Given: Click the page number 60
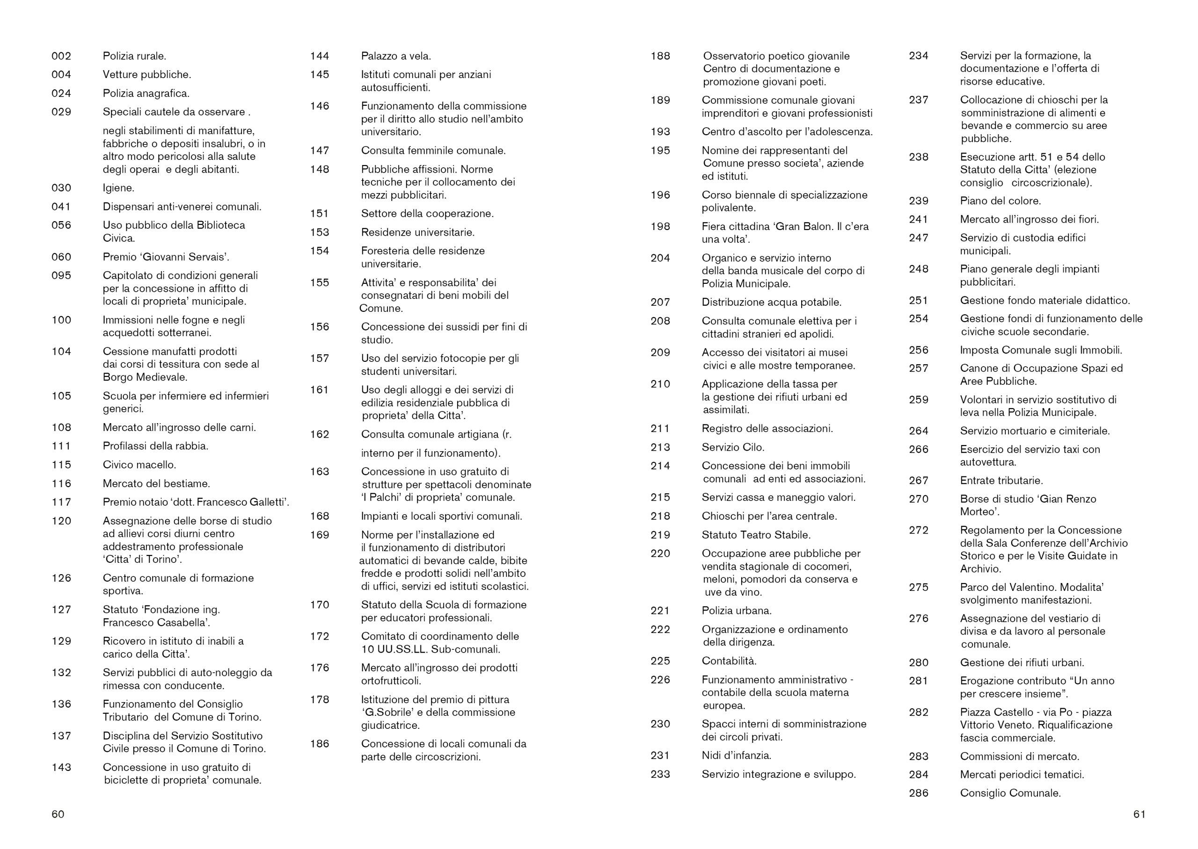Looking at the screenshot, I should click(x=58, y=814).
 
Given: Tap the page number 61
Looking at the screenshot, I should click(x=1139, y=814).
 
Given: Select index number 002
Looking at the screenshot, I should click(x=61, y=56).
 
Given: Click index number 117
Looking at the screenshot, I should click(x=61, y=502).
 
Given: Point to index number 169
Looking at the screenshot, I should click(x=319, y=535).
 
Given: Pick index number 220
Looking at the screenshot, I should click(x=660, y=553).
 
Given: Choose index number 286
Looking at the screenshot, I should click(x=918, y=793).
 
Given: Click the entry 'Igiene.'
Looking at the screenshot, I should click(x=118, y=187).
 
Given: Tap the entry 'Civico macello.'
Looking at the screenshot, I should click(x=139, y=465).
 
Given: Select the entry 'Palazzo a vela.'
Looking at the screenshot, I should click(x=396, y=56).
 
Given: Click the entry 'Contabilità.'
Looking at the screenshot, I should click(x=729, y=661).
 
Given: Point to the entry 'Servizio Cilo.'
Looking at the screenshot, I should click(x=733, y=447).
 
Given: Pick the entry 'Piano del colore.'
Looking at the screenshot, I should click(x=1000, y=201).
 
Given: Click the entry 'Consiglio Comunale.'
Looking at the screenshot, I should click(x=1010, y=793).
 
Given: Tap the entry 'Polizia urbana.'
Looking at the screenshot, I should click(x=737, y=611).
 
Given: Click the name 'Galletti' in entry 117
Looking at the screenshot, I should click(x=267, y=502).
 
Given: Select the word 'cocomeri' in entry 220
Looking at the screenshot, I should click(x=829, y=566).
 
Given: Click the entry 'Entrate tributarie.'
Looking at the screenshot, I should click(x=1001, y=481).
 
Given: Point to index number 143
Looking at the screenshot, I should click(x=61, y=768).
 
